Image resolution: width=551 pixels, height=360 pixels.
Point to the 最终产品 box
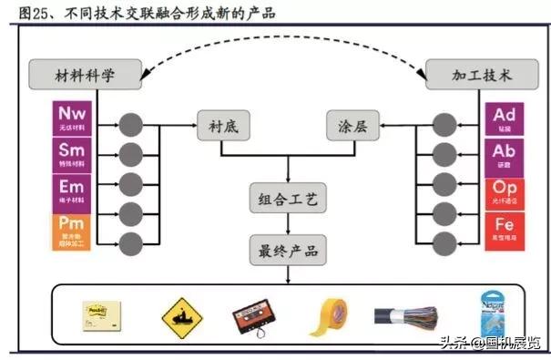[288, 248]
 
